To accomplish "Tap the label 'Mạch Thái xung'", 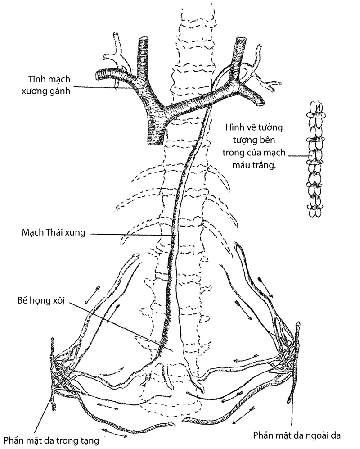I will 53,233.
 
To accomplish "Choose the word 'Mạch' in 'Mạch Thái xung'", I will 32,233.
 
